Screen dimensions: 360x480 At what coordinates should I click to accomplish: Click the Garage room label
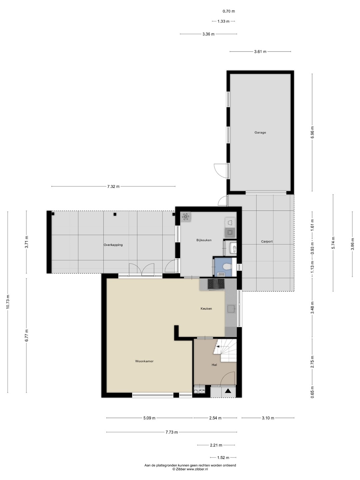(260, 132)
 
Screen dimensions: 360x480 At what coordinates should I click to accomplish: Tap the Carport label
(267, 241)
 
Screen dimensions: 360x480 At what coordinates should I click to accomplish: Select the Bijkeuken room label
(204, 240)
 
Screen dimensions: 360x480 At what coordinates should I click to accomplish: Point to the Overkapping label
(113, 245)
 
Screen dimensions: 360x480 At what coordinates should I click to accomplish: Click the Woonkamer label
(144, 361)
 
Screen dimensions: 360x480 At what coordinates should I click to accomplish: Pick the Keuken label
(206, 309)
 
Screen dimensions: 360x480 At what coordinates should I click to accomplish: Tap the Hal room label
(214, 365)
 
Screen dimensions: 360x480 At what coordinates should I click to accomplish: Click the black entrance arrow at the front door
(228, 391)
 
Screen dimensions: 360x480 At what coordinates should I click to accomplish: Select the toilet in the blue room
(227, 267)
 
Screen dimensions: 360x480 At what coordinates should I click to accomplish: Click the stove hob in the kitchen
(216, 284)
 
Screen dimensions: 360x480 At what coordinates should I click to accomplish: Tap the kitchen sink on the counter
(231, 309)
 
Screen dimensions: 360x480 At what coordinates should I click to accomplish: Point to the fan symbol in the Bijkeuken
(185, 217)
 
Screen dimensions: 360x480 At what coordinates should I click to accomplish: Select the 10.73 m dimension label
(8, 302)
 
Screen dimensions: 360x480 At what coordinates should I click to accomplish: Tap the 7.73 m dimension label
(172, 432)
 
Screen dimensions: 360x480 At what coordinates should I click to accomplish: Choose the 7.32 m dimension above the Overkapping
(113, 187)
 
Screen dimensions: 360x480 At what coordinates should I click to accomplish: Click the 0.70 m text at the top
(229, 11)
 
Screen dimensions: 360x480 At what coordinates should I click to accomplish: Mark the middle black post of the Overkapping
(115, 214)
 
